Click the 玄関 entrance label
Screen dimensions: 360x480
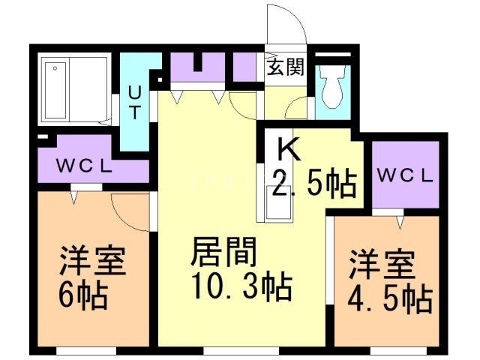[x=285, y=67]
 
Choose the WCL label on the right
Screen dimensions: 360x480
[x=405, y=177]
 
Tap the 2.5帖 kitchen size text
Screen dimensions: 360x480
[x=313, y=184]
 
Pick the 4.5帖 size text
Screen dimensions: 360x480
[x=388, y=299]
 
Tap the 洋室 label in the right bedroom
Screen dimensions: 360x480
[x=382, y=266]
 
